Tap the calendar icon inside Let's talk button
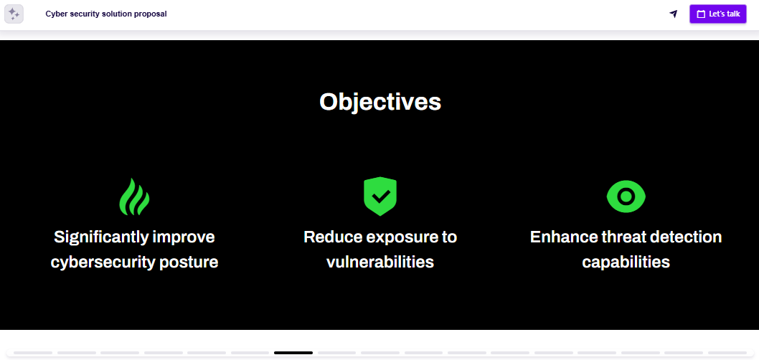(702, 14)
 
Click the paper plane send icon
(673, 14)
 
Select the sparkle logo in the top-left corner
(14, 14)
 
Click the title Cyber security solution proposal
(106, 14)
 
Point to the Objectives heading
(379, 102)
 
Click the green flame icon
(134, 196)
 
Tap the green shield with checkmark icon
(379, 196)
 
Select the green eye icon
(626, 196)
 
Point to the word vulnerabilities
(379, 262)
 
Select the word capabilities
(626, 262)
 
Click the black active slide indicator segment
(293, 353)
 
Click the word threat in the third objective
(620, 237)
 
